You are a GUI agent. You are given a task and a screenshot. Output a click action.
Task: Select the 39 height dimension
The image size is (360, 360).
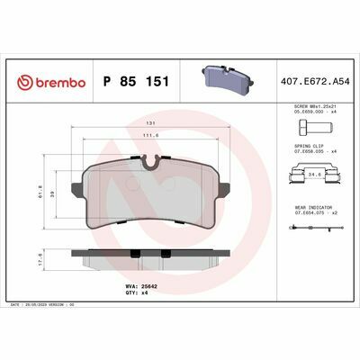(56, 193)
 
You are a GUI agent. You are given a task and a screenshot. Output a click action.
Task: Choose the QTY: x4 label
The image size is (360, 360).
(133, 294)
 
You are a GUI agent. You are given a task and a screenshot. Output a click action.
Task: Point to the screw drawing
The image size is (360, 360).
(316, 128)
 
